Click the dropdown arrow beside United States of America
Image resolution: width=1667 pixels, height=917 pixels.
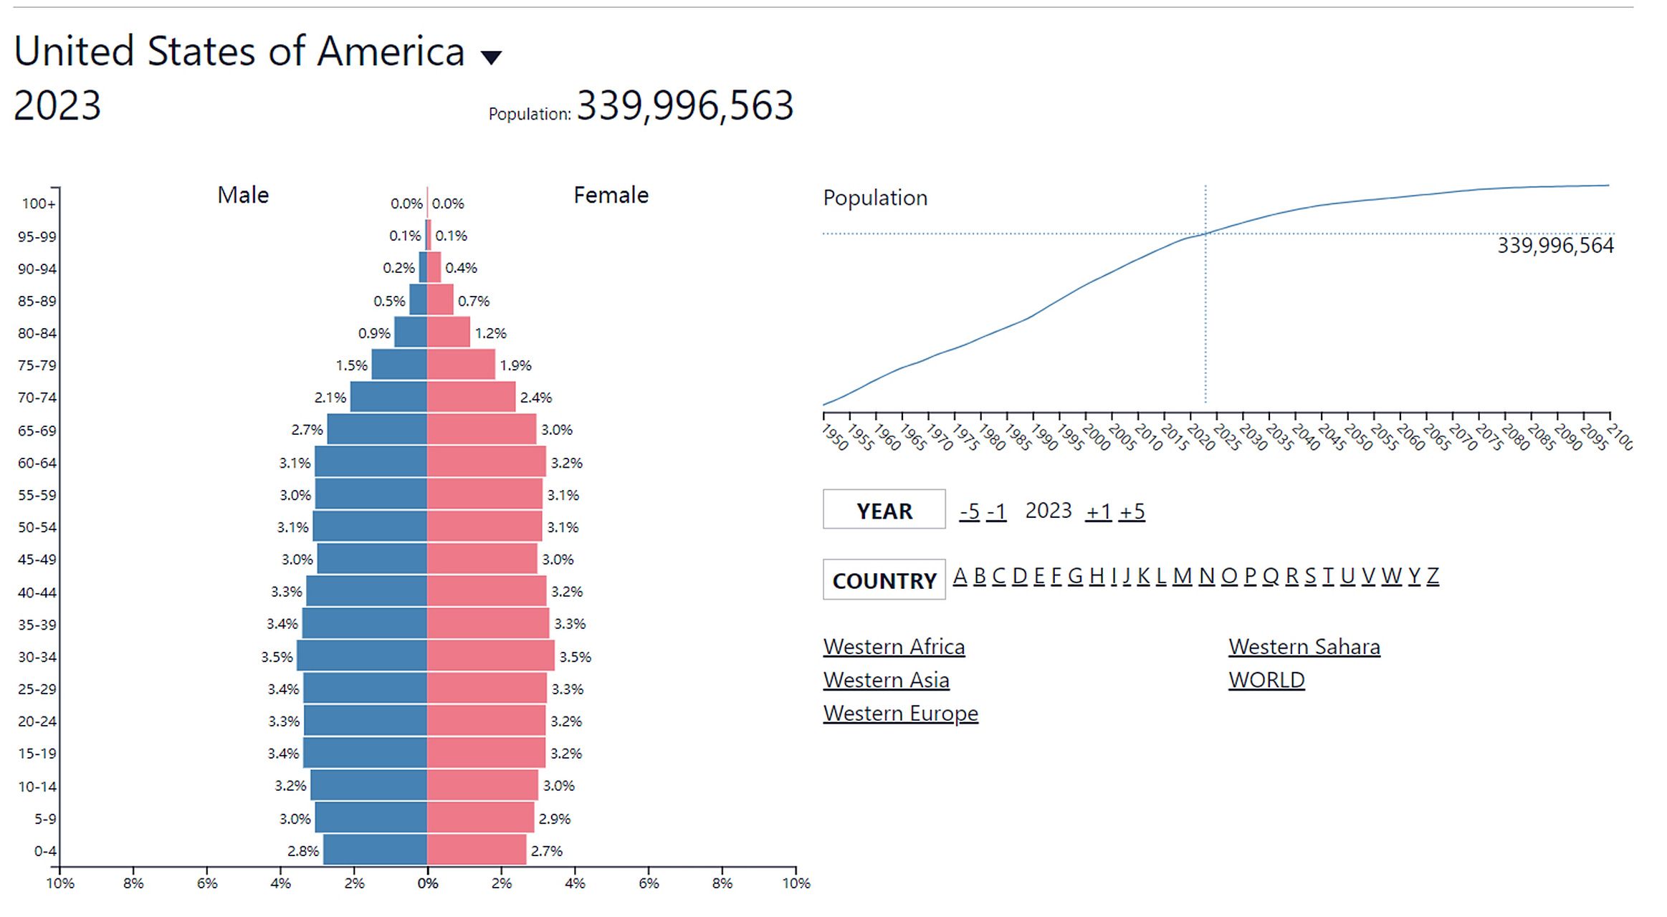[x=491, y=57]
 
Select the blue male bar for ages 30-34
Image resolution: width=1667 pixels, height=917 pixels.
[x=362, y=656]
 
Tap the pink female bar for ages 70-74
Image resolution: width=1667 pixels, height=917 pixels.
[x=471, y=397]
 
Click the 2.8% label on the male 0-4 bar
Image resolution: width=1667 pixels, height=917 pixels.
[x=303, y=851]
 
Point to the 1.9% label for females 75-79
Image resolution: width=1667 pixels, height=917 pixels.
[x=515, y=365]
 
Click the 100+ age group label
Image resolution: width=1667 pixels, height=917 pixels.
[x=38, y=203]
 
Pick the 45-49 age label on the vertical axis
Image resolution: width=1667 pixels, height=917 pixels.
[x=37, y=559]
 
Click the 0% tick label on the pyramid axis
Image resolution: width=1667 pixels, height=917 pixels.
[x=428, y=883]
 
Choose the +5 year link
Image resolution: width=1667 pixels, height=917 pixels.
[x=1132, y=512]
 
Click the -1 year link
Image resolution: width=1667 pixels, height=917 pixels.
[x=996, y=512]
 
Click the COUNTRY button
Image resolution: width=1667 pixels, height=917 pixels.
[x=884, y=580]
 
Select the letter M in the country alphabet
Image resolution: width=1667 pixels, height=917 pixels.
[x=1182, y=576]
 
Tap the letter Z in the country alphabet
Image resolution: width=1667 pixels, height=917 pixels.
[x=1433, y=576]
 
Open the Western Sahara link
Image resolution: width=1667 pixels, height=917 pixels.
[x=1304, y=646]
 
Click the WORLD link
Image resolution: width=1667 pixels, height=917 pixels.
[x=1266, y=680]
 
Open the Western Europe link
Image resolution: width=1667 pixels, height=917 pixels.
[x=900, y=714]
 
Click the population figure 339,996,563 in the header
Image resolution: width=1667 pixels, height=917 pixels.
[x=684, y=106]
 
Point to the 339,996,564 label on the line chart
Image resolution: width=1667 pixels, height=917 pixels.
[x=1555, y=246]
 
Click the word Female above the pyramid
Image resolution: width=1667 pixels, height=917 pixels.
[x=611, y=195]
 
